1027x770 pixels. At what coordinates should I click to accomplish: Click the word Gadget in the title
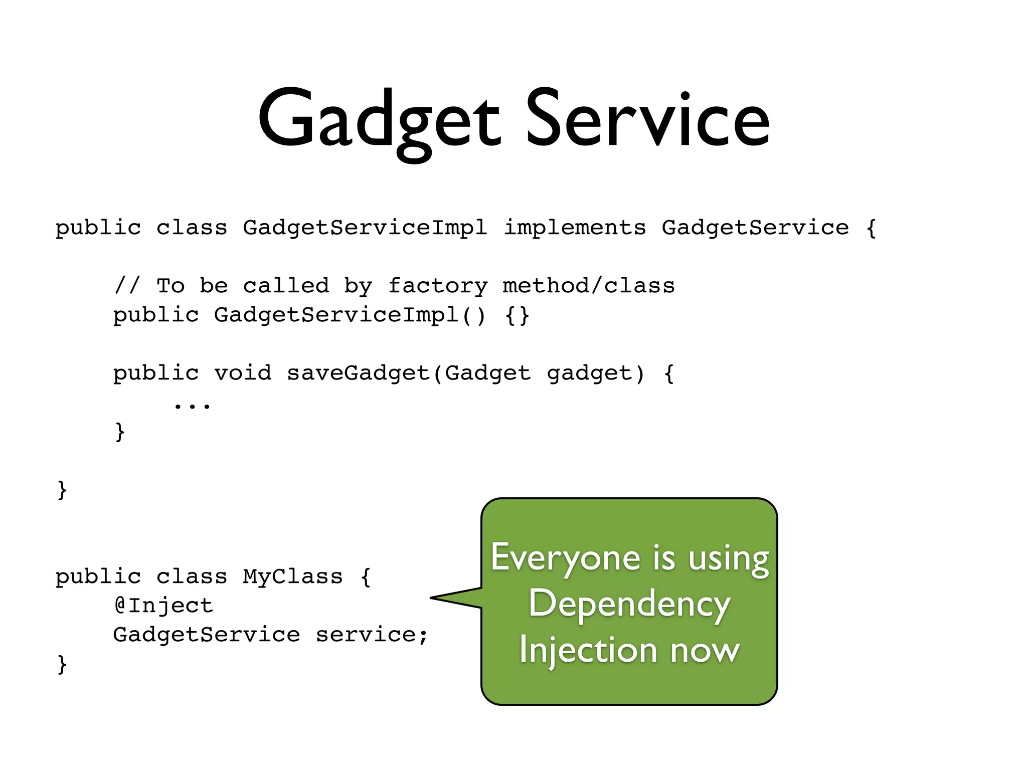[x=379, y=120]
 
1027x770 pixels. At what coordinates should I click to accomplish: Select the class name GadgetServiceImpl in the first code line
[x=365, y=228]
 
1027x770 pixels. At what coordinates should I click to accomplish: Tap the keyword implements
[x=574, y=228]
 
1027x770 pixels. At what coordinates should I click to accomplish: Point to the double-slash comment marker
[x=127, y=286]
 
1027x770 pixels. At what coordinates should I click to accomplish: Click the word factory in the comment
[x=438, y=286]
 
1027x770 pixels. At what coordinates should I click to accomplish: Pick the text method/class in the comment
[x=589, y=286]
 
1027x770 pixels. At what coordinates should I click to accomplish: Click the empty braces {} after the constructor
[x=517, y=315]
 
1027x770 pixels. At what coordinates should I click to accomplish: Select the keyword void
[x=243, y=373]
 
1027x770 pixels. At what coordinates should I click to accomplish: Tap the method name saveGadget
[x=358, y=373]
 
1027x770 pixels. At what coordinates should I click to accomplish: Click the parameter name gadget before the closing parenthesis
[x=589, y=373]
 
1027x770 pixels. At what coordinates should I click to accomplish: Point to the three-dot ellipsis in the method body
[x=192, y=405]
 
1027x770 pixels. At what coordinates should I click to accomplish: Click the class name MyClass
[x=292, y=577]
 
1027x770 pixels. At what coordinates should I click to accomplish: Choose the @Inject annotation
[x=163, y=606]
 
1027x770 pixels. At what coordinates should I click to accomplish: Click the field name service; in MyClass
[x=371, y=635]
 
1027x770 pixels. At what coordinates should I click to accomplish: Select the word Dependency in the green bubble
[x=629, y=604]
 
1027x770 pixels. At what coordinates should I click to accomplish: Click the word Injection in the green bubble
[x=588, y=650]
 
